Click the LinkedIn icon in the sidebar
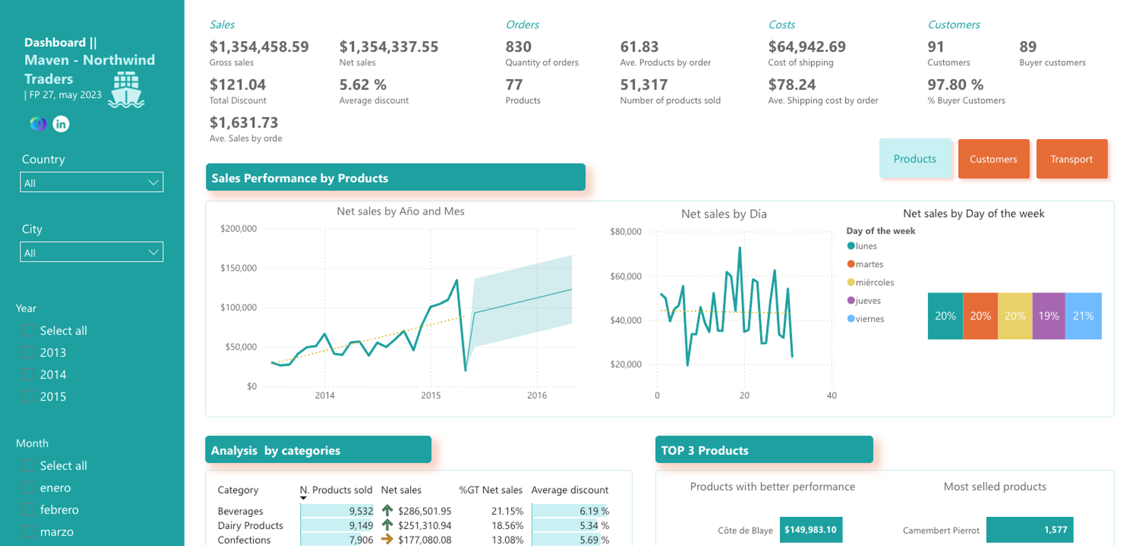coord(61,124)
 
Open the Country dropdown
coord(91,182)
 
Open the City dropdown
coord(91,252)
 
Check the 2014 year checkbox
coord(27,374)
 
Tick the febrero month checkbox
coord(27,510)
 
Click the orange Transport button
coord(1072,159)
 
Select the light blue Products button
coord(914,159)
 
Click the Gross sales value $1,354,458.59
coord(259,47)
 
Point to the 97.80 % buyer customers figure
coord(955,85)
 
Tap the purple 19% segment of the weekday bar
coord(1048,316)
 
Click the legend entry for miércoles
coord(874,283)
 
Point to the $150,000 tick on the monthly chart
coord(238,268)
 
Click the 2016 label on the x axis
coord(536,395)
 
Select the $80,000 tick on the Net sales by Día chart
coord(626,232)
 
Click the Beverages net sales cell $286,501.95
coord(424,511)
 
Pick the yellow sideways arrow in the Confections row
coord(387,539)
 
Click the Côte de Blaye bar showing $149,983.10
coord(811,530)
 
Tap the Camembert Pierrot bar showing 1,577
coord(1029,530)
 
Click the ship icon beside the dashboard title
coord(126,90)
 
